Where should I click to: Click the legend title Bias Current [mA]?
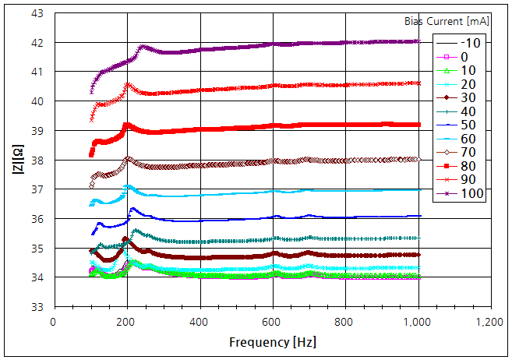click(x=447, y=20)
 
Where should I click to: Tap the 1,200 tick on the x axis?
click(x=491, y=322)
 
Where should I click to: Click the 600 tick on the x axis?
click(x=272, y=322)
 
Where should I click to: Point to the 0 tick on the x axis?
click(x=53, y=322)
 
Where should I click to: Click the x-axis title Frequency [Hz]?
click(x=272, y=342)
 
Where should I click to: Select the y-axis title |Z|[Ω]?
click(x=17, y=160)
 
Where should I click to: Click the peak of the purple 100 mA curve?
click(x=143, y=47)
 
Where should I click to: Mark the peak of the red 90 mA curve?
click(x=128, y=85)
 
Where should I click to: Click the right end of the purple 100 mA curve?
click(x=418, y=41)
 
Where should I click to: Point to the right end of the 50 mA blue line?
click(x=419, y=216)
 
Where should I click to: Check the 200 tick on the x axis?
click(x=126, y=322)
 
